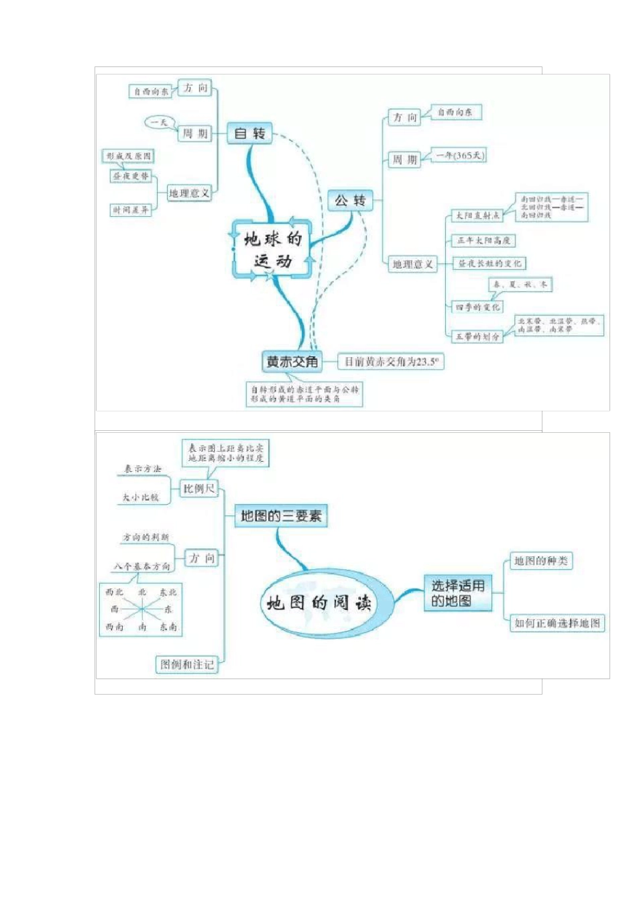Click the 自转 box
click(249, 134)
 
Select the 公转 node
click(350, 201)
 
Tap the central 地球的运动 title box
click(272, 250)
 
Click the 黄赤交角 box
click(292, 362)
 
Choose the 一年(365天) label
click(459, 156)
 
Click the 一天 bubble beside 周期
click(160, 123)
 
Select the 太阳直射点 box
click(478, 215)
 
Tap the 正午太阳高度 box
click(483, 240)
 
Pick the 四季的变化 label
click(477, 307)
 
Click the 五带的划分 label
click(477, 336)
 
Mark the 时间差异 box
click(131, 210)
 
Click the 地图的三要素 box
click(281, 516)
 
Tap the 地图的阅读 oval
click(318, 603)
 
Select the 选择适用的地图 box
click(457, 593)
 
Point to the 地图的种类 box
click(540, 561)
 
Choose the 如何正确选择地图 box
click(557, 623)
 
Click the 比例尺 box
click(199, 489)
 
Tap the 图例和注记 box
click(187, 664)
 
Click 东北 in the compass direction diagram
click(168, 593)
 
